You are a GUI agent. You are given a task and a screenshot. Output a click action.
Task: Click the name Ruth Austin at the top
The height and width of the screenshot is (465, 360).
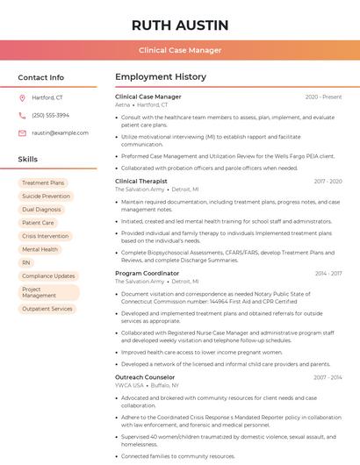pyautogui.click(x=180, y=25)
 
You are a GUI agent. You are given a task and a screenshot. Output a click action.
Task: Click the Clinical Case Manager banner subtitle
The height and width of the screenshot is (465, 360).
pyautogui.click(x=180, y=50)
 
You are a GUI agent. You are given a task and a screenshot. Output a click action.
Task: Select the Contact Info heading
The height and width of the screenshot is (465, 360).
pyautogui.click(x=41, y=77)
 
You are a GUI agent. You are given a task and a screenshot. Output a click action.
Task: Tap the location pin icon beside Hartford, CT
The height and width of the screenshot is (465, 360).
pyautogui.click(x=22, y=97)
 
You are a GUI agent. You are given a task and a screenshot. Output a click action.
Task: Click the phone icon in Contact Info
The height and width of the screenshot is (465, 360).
pyautogui.click(x=22, y=115)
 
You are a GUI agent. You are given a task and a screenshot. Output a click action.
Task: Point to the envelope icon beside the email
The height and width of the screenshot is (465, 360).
pyautogui.click(x=22, y=132)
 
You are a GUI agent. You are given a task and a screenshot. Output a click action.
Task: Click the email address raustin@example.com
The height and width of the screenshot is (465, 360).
pyautogui.click(x=61, y=132)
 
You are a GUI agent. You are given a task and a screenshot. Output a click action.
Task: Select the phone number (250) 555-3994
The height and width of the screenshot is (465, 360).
pyautogui.click(x=50, y=115)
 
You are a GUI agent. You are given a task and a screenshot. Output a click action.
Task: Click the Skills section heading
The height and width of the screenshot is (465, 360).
pyautogui.click(x=28, y=159)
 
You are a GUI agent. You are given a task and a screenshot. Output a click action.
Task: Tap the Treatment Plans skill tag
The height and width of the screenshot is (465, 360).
pyautogui.click(x=43, y=182)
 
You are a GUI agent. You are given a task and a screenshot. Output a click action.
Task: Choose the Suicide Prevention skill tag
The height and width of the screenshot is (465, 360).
pyautogui.click(x=46, y=196)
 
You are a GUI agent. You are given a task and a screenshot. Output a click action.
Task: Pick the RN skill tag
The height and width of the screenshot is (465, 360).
pyautogui.click(x=26, y=262)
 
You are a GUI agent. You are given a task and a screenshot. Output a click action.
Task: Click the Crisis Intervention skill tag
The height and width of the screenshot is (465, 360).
pyautogui.click(x=45, y=236)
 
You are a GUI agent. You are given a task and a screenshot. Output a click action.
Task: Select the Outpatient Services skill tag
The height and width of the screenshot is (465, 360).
pyautogui.click(x=47, y=309)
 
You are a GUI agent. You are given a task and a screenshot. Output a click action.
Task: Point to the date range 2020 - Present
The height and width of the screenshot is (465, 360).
pyautogui.click(x=323, y=97)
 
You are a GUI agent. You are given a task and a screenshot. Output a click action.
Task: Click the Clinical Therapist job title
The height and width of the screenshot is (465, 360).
pyautogui.click(x=141, y=181)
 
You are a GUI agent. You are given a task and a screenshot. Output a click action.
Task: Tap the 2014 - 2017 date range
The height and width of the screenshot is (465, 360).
pyautogui.click(x=328, y=274)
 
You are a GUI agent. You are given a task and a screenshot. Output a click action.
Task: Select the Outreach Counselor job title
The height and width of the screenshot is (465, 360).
pyautogui.click(x=145, y=377)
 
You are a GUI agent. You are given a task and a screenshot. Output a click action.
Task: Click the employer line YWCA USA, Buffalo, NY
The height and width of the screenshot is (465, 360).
pyautogui.click(x=147, y=385)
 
